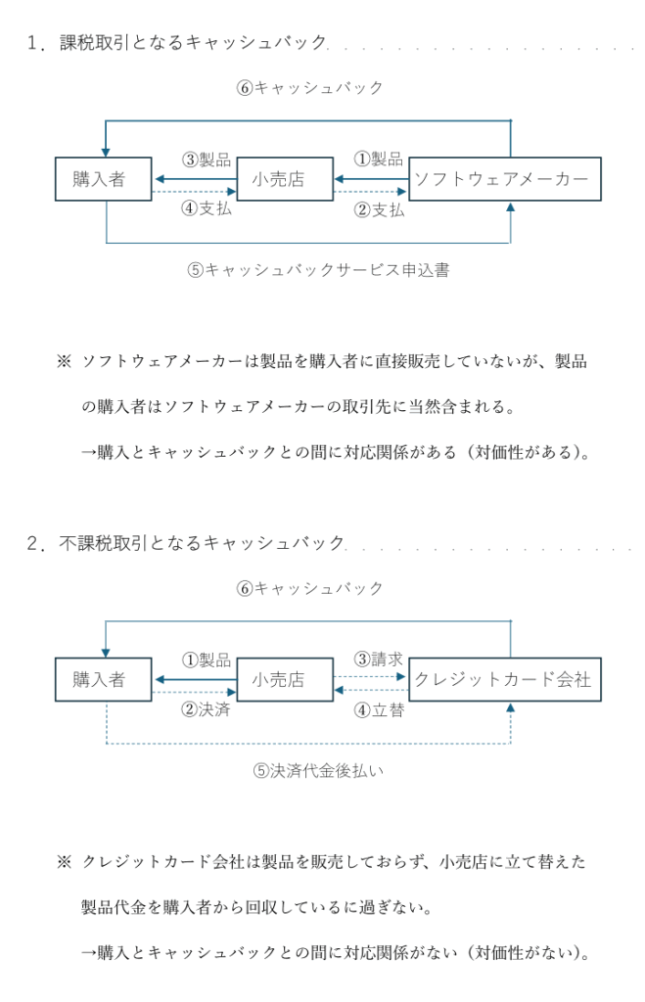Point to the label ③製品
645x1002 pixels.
coord(207,159)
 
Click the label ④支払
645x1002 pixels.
coord(207,208)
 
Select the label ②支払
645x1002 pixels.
coord(379,209)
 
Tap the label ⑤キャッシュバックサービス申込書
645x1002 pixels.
coord(318,270)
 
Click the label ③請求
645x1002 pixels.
coord(379,659)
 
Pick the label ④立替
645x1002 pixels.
coord(379,710)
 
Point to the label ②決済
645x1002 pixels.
coord(206,708)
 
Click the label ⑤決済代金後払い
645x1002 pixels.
coord(318,771)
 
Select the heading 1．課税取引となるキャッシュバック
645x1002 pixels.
coord(177,42)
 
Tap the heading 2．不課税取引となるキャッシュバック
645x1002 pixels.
coord(186,543)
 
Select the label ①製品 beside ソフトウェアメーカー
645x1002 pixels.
coord(379,159)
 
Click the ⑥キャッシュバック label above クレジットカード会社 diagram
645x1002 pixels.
coord(309,588)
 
